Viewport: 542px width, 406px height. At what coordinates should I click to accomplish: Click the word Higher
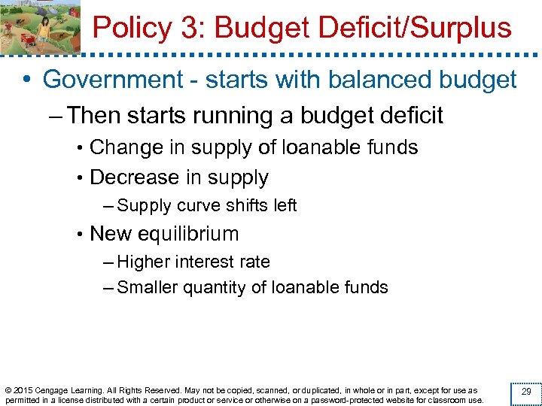(145, 262)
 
